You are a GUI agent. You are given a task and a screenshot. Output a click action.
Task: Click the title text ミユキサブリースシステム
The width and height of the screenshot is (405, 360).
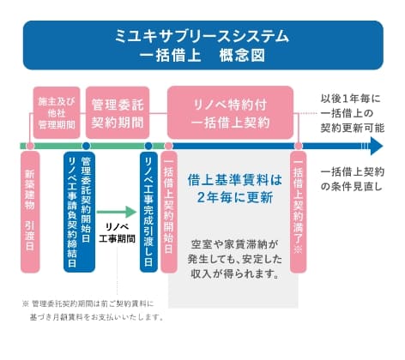click(202, 37)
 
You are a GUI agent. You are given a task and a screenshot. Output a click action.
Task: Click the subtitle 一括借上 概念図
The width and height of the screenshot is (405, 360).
click(202, 57)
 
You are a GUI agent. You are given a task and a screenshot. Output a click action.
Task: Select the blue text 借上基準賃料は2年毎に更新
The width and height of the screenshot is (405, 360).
click(233, 189)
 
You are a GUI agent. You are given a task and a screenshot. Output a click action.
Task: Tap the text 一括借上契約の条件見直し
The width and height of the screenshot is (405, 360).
click(353, 177)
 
